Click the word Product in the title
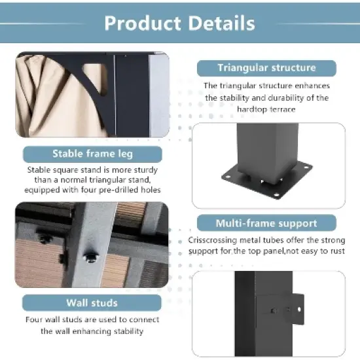point(143,24)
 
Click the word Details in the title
point(221,24)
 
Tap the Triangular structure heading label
point(266,68)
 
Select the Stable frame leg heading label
point(92,154)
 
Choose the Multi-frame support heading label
point(266,223)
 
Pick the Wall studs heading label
point(92,303)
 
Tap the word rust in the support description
point(338,251)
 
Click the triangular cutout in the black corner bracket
point(96,77)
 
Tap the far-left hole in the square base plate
point(228,177)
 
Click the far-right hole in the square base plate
point(306,167)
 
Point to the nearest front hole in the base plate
point(276,195)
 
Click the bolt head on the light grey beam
point(90,257)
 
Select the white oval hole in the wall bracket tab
point(299,310)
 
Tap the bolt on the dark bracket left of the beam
point(45,239)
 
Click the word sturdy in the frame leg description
point(145,170)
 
